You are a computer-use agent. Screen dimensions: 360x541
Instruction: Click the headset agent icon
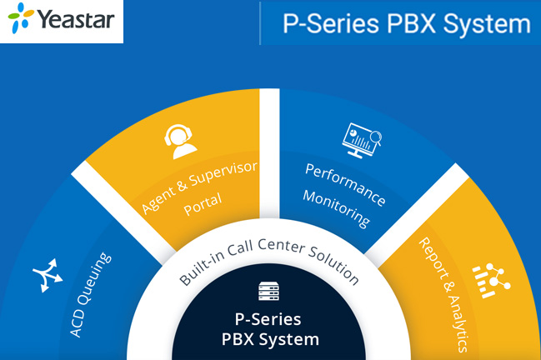click(x=181, y=139)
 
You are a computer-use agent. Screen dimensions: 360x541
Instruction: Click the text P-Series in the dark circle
click(x=269, y=319)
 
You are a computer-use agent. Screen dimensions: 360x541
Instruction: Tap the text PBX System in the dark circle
click(x=269, y=339)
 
